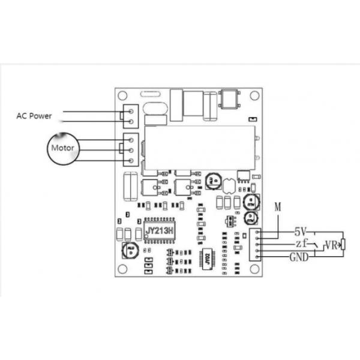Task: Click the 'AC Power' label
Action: click(34, 115)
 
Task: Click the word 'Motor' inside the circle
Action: click(63, 147)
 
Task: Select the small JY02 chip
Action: click(207, 259)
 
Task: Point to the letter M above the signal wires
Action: click(278, 207)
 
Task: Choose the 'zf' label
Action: click(301, 244)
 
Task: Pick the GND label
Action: click(300, 257)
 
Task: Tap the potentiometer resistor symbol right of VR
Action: click(343, 244)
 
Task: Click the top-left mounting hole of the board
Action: click(122, 95)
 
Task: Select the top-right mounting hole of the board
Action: click(256, 95)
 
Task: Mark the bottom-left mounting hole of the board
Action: click(122, 268)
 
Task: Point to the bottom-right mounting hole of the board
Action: click(256, 268)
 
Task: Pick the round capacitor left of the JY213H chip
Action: click(129, 249)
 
